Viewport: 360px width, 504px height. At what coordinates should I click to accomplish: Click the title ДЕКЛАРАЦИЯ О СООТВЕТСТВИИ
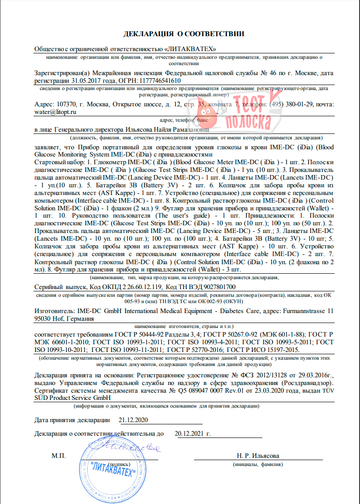pyautogui.click(x=184, y=34)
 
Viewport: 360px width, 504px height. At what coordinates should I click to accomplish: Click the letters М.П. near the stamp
pyautogui.click(x=59, y=456)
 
